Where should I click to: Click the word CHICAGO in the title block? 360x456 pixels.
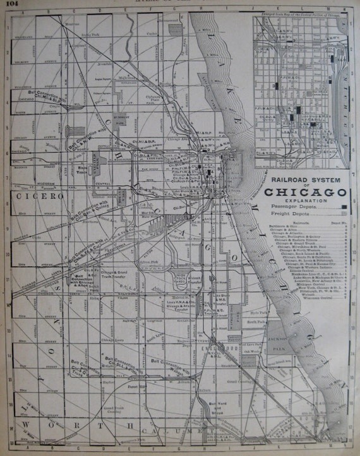(306, 191)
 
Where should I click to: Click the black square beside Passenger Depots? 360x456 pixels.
(343, 207)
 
